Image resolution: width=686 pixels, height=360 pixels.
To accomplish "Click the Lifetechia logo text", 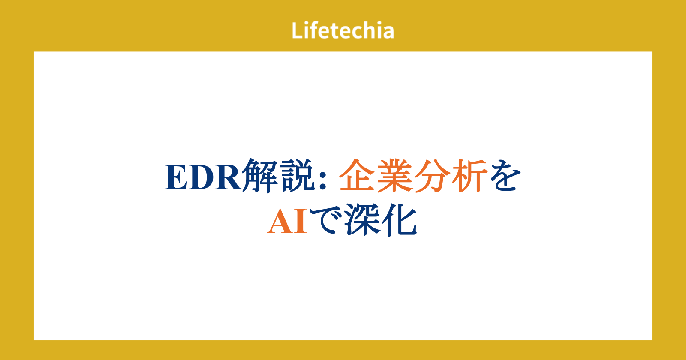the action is [x=343, y=30].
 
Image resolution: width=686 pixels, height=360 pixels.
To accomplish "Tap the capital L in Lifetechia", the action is [x=297, y=30].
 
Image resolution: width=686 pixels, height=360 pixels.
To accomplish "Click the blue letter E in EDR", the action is [x=176, y=177].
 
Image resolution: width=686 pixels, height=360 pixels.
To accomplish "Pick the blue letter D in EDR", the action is [x=202, y=177].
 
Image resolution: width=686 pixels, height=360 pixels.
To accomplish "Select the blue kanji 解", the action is [x=260, y=176].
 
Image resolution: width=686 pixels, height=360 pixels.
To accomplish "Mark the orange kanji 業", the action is [x=395, y=176].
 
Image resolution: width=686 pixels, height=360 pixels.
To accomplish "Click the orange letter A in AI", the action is [x=280, y=221].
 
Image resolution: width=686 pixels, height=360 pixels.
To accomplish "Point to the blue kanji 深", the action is [x=363, y=220].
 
